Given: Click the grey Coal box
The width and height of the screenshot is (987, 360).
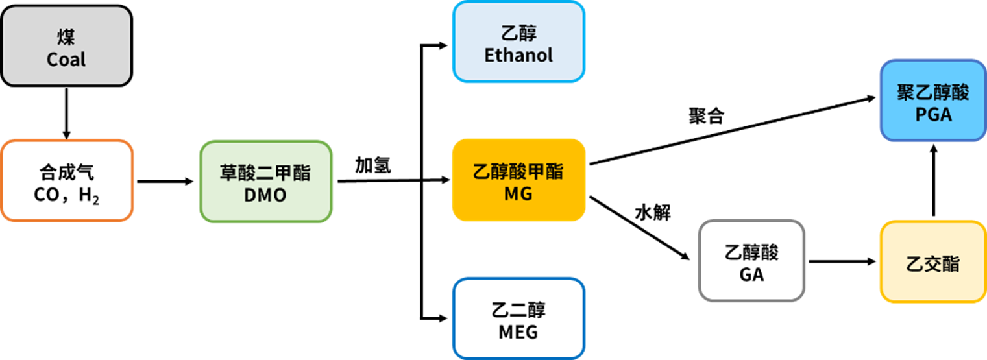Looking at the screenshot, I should click(66, 45).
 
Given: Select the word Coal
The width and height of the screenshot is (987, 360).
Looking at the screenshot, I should click(66, 60).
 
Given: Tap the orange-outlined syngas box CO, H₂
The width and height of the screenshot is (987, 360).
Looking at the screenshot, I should click(67, 181).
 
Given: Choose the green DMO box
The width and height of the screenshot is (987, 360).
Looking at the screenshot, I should click(265, 182).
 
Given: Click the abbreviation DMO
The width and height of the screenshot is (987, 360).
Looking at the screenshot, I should click(265, 195).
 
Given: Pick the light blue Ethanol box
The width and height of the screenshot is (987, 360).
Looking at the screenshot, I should click(518, 42).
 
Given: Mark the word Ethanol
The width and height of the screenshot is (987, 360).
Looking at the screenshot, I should click(518, 55).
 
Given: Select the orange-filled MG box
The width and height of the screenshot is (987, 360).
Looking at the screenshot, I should click(518, 180).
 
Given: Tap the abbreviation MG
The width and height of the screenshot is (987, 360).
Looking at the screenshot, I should click(518, 193).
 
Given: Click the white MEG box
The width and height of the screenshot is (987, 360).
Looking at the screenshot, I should click(518, 318).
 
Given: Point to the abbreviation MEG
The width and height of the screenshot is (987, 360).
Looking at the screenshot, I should click(518, 332).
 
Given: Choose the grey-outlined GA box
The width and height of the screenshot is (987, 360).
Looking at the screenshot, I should click(751, 260).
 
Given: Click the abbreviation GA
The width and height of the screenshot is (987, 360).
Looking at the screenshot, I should click(751, 274).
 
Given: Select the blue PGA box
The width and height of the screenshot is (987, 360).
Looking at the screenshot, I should click(932, 101).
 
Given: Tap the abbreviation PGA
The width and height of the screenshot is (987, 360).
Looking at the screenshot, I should click(933, 115).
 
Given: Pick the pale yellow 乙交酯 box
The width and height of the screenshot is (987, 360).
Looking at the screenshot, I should click(932, 261).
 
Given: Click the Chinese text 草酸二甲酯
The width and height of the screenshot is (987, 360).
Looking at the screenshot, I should click(265, 173).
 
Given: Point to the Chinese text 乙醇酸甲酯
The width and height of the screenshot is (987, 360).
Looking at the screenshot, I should click(518, 172).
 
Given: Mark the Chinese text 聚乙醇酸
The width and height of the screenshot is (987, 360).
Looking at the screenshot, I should click(933, 93).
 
